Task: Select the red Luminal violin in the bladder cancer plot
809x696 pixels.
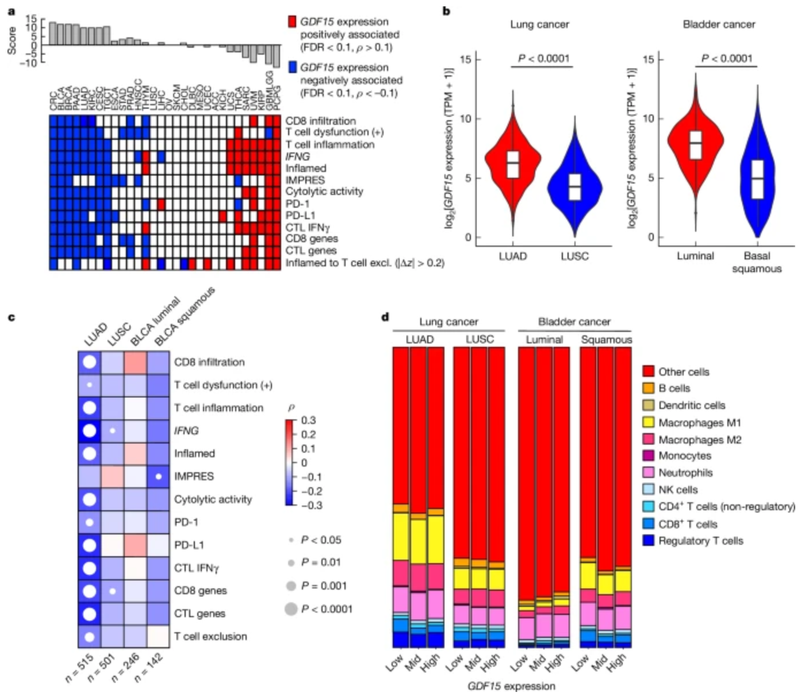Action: click(x=696, y=144)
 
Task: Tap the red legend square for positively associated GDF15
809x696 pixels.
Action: click(x=292, y=22)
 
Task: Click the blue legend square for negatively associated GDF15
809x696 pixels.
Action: click(x=292, y=67)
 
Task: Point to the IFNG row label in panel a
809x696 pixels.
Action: click(x=298, y=156)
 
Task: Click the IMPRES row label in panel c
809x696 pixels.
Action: click(x=194, y=476)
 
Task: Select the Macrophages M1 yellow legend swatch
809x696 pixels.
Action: click(x=649, y=423)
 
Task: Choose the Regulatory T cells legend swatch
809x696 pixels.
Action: click(x=649, y=541)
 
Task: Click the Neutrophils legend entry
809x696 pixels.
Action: click(x=685, y=473)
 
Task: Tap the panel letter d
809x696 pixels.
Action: click(x=385, y=318)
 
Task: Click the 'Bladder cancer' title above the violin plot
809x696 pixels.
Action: click(x=719, y=24)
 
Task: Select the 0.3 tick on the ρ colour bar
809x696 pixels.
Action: click(x=308, y=420)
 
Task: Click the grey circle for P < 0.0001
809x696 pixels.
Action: click(x=292, y=609)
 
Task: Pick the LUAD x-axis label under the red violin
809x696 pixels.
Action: click(x=512, y=256)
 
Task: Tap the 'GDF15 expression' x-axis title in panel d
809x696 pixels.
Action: click(x=511, y=686)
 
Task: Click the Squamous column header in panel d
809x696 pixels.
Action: click(x=606, y=339)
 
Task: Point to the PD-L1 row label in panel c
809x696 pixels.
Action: click(x=189, y=545)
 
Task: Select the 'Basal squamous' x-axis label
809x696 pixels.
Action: click(x=757, y=262)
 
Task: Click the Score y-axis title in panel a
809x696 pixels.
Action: click(x=12, y=40)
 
